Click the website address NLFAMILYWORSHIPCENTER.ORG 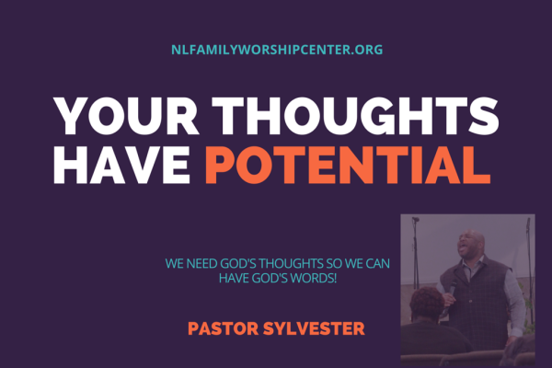(277, 50)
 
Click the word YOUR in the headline (126, 116)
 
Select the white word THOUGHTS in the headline (356, 116)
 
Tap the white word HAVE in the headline (121, 166)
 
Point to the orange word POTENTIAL (348, 166)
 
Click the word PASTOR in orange (224, 328)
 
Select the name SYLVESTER (314, 328)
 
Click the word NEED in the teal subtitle (201, 263)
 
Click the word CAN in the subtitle (378, 263)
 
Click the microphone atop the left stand (416, 219)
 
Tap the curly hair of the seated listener (427, 302)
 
